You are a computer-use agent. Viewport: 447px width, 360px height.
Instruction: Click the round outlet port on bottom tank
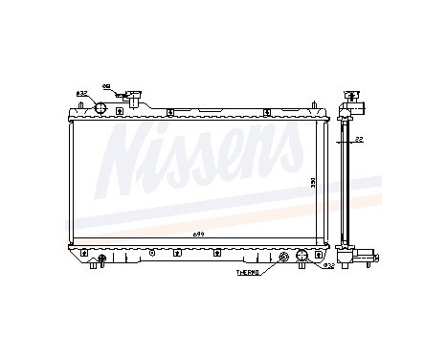point(301,256)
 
